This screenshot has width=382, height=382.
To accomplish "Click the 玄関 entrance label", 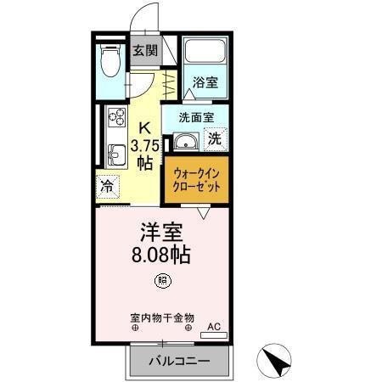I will pos(144,50).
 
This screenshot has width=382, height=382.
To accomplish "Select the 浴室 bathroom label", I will pos(205,83).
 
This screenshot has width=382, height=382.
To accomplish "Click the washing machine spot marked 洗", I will pos(216,138).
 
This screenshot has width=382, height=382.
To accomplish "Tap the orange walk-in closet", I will pos(197,179).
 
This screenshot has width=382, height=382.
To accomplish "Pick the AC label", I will pos(213,326).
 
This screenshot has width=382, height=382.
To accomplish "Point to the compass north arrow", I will pos(278,360).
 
